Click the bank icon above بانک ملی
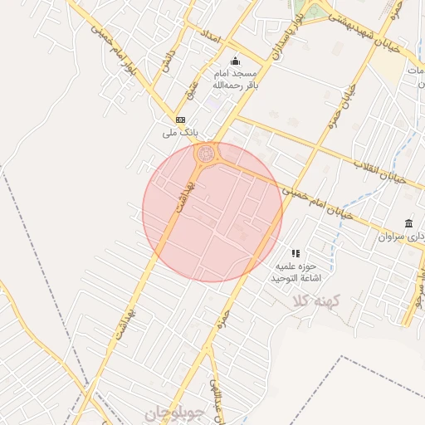point(180,120)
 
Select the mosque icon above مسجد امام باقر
point(235,61)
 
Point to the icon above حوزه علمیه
point(295,253)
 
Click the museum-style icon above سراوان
point(408,223)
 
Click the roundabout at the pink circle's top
point(205,154)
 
